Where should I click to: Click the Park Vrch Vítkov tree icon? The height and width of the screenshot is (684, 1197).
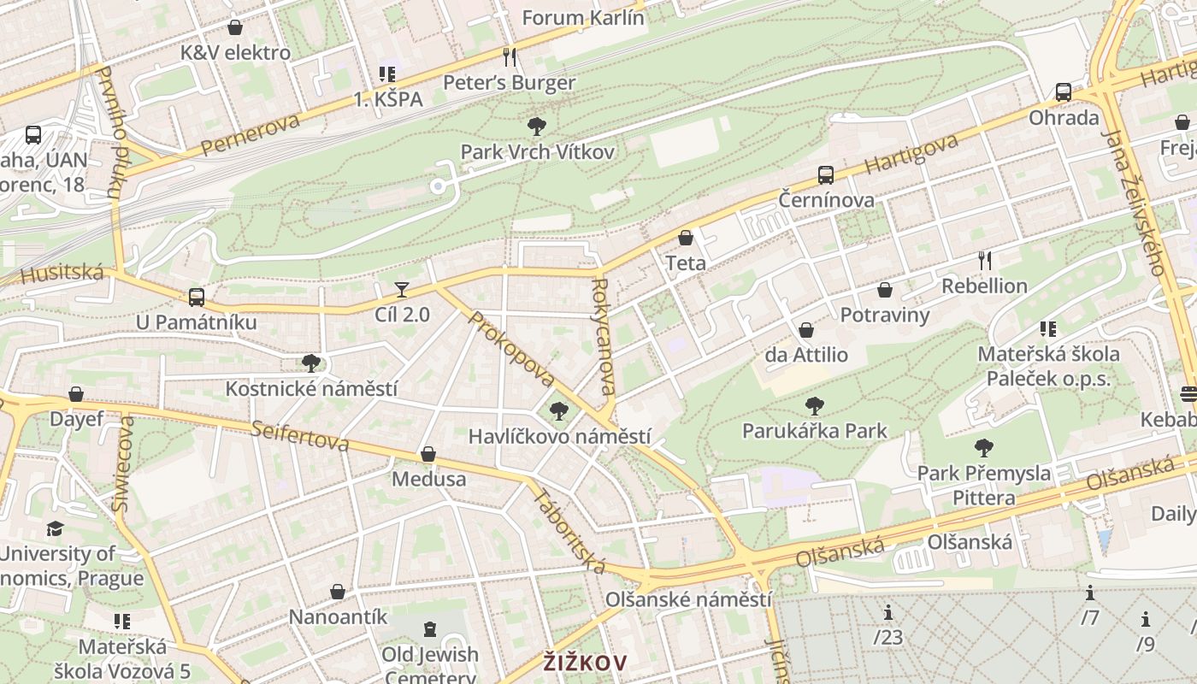[x=537, y=127]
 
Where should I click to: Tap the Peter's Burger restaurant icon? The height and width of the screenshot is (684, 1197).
[x=510, y=57]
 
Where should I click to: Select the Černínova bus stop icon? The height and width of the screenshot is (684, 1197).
[x=825, y=175]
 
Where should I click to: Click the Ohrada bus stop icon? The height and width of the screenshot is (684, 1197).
[x=1063, y=92]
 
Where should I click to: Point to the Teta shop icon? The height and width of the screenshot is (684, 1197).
[x=685, y=238]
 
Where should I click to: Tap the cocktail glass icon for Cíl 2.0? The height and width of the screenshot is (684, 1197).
[x=402, y=290]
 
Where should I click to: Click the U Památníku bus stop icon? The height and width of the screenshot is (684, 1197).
[x=197, y=298]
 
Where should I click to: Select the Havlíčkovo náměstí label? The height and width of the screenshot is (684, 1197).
[x=559, y=436]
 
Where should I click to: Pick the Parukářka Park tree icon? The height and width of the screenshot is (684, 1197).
[x=814, y=406]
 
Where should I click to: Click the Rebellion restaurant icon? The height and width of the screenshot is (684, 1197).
[x=984, y=261]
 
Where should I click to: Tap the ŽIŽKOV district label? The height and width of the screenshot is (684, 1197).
[x=586, y=663]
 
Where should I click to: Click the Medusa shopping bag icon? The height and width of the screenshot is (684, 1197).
[x=428, y=454]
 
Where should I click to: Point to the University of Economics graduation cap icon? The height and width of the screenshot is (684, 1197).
[x=56, y=528]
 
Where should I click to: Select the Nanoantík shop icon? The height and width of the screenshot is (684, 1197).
[x=338, y=592]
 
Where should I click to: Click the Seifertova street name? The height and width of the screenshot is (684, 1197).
[x=300, y=435]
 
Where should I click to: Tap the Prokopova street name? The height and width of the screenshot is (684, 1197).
[x=511, y=349]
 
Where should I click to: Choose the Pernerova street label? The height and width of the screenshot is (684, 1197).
[x=251, y=135]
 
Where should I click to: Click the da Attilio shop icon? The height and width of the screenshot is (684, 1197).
[x=805, y=330]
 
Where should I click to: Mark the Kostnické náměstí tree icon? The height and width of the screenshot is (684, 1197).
[x=310, y=363]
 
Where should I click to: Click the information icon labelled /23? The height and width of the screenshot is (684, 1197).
[x=888, y=612]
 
